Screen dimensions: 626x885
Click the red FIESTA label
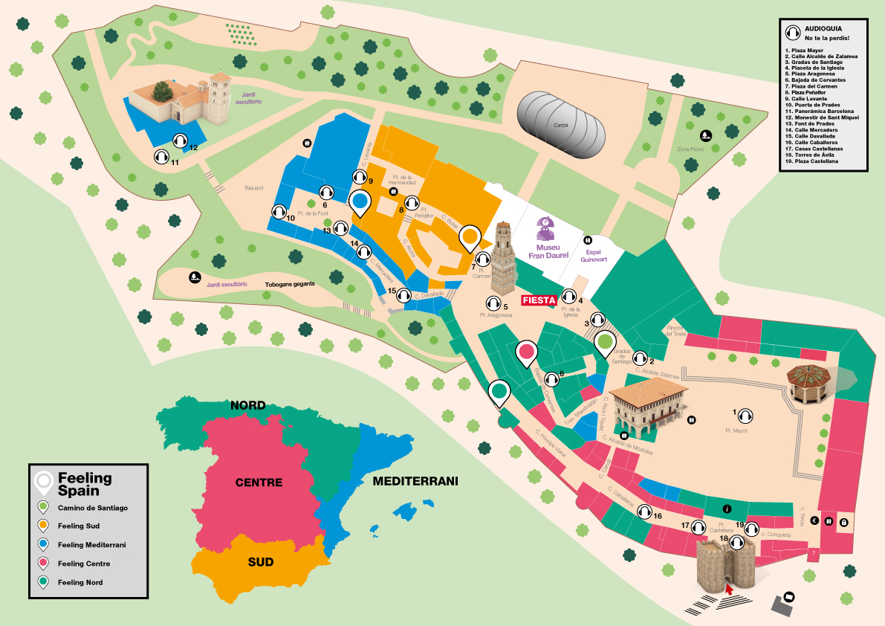pos(539,300)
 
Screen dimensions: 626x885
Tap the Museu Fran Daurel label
pos(548,251)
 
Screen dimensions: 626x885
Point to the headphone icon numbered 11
pos(161,156)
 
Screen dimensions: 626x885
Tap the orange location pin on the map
pos(470,238)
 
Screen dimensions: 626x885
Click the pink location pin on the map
pos(527,351)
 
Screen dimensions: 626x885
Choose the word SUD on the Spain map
pos(260,561)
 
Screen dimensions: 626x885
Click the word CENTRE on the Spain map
pos(259,483)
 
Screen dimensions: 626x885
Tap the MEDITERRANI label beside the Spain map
pos(415,481)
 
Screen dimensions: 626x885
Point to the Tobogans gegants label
pos(291,284)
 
